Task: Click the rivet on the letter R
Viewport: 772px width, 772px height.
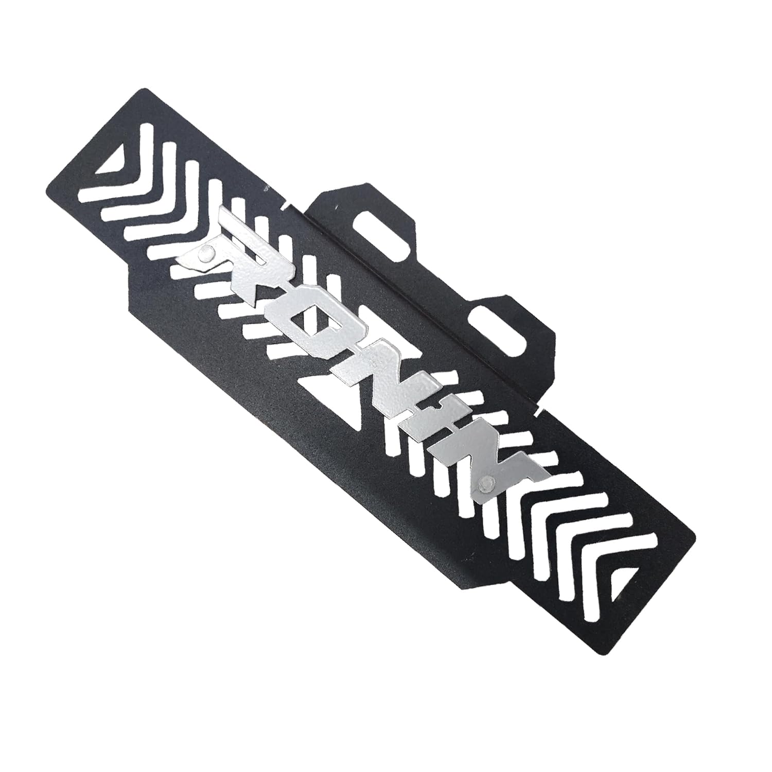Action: click(206, 252)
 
